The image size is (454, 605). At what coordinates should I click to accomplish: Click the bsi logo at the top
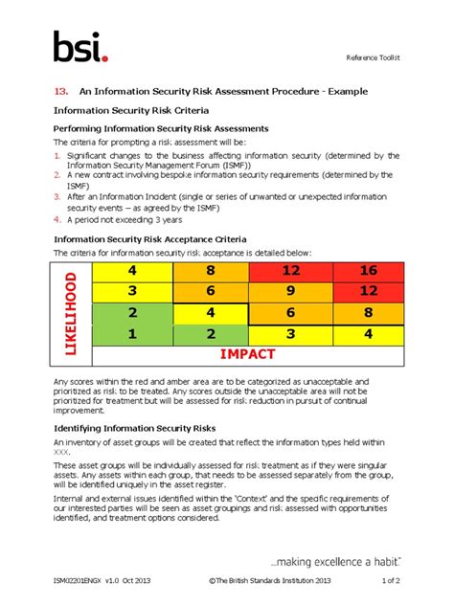point(79,47)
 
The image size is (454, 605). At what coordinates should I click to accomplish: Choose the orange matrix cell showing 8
point(211,271)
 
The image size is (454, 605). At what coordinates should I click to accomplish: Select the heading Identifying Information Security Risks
point(134,427)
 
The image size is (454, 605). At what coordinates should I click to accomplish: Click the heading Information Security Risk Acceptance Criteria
point(149,238)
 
